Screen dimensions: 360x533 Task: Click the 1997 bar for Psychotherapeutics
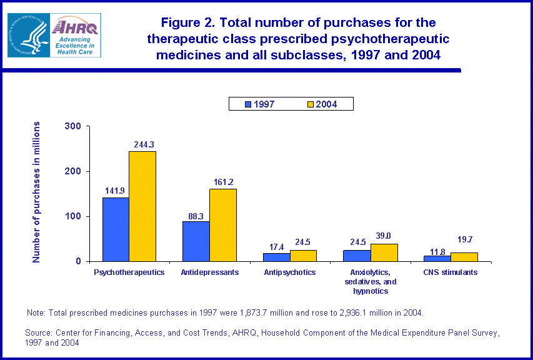(116, 229)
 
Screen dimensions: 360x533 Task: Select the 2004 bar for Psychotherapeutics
(142, 206)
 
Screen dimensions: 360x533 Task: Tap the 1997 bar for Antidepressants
(196, 241)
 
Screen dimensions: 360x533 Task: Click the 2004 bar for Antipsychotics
(303, 256)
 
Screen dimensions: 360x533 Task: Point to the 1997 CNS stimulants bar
(436, 258)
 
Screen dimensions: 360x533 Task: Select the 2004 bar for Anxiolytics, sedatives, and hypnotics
(384, 252)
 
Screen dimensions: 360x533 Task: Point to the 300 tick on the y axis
(73, 126)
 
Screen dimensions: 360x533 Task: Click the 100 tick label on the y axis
(73, 216)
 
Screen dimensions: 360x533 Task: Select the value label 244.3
(144, 145)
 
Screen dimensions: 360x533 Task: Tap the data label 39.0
(383, 236)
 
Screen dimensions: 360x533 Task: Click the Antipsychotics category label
(289, 272)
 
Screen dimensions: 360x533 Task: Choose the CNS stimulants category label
(450, 272)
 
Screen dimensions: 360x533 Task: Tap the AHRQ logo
(75, 36)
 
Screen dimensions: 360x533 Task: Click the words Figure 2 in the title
(185, 23)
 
